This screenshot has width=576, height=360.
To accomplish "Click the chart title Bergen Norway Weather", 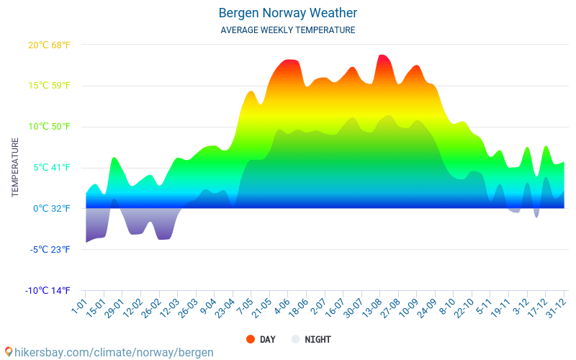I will tap(288, 13).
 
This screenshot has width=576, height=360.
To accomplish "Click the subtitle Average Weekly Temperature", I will tap(288, 30).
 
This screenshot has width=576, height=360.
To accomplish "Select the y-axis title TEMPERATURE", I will tap(15, 167).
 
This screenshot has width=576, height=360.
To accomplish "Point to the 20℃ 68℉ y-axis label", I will tap(49, 45).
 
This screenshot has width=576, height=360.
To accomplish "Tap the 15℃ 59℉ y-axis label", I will tap(49, 86).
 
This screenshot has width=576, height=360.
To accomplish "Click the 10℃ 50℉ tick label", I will tap(49, 127).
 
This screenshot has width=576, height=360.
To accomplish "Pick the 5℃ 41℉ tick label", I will tap(50, 168).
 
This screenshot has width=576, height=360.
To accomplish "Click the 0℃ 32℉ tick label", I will tap(50, 209).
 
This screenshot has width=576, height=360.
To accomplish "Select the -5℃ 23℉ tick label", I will tap(49, 250).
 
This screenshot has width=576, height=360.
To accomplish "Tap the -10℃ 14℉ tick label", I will tap(48, 291).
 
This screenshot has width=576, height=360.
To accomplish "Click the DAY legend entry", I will tap(267, 339).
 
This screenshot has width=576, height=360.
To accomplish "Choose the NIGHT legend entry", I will tap(318, 339).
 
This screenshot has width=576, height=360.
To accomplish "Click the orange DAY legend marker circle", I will tap(251, 339).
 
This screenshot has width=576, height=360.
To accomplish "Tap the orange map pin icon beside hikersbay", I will tap(8, 352).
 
